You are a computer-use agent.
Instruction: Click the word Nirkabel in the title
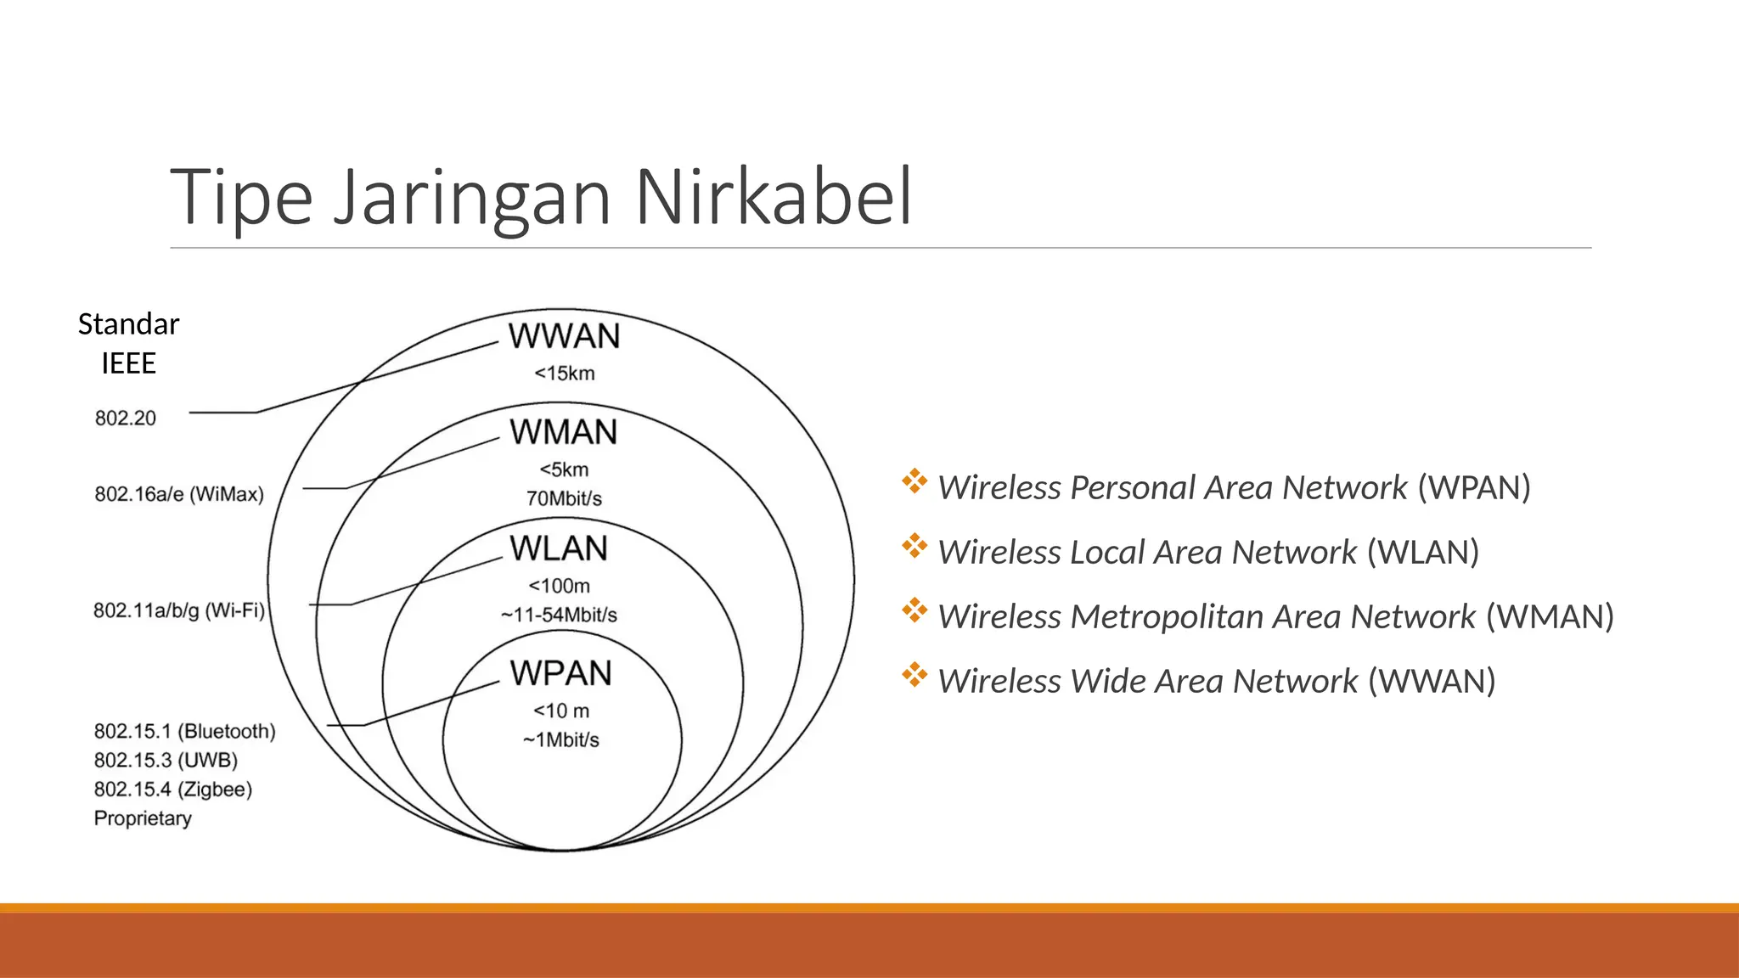[773, 197]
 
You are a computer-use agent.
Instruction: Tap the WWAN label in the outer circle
[564, 337]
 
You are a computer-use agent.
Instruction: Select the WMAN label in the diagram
[563, 433]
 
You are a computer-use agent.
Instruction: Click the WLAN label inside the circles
[559, 549]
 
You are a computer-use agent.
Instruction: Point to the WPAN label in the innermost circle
[560, 674]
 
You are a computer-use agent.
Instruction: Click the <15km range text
[564, 374]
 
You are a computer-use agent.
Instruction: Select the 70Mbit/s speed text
[564, 498]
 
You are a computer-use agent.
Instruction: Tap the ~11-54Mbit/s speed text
[559, 615]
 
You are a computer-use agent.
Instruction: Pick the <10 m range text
[560, 711]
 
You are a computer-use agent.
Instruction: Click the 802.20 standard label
[126, 418]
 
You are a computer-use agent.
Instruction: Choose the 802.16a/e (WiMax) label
[179, 494]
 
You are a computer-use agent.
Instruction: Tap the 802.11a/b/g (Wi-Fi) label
[179, 610]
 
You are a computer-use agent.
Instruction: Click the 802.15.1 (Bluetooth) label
[184, 731]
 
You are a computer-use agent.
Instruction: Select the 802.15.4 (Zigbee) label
[173, 790]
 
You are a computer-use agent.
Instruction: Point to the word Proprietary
[143, 818]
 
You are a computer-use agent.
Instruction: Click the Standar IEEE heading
[128, 343]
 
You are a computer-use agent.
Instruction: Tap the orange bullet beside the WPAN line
[915, 481]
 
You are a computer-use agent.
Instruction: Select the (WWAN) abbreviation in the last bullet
[1432, 681]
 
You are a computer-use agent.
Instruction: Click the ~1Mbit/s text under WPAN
[560, 740]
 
